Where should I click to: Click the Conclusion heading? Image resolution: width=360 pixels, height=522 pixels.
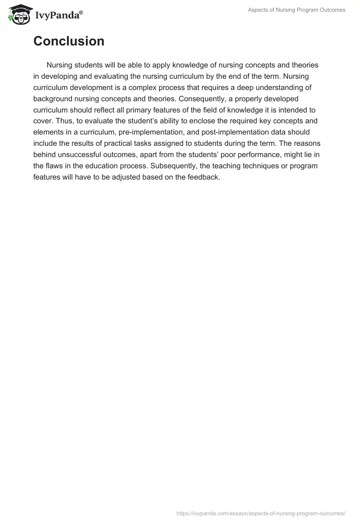pos(69,41)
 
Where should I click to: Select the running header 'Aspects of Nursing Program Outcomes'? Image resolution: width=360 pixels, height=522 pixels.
pos(297,10)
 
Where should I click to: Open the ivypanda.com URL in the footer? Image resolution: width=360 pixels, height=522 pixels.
pos(261,513)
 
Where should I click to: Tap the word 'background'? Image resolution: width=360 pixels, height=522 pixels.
pos(53,99)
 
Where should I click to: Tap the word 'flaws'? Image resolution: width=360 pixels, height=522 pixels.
pos(55,166)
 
